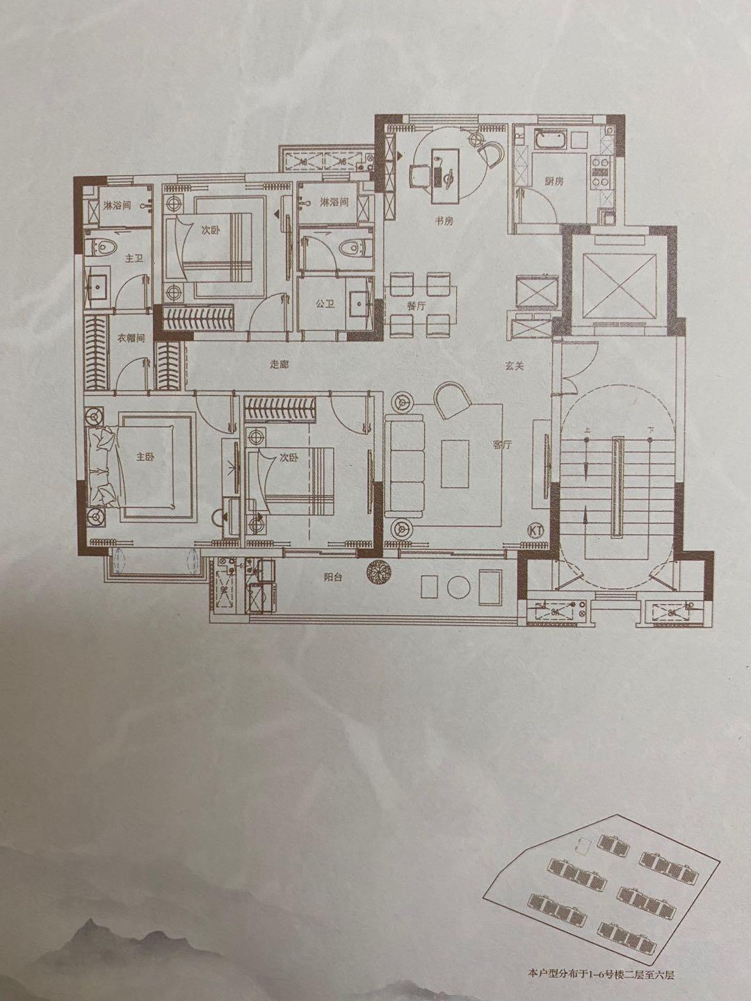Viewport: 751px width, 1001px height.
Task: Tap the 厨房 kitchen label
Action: tap(554, 181)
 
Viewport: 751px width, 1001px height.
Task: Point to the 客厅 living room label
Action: tap(501, 446)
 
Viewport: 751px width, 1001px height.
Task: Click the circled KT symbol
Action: tap(536, 530)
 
